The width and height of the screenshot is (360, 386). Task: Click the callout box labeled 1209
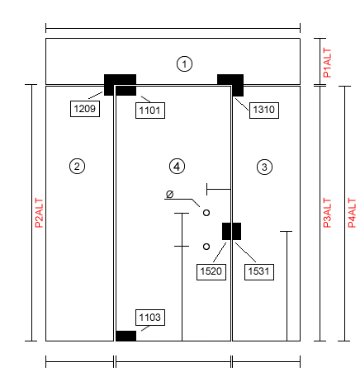pos(85,109)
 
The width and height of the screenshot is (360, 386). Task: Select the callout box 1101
pos(150,111)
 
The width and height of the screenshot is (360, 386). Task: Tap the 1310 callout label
pos(264,111)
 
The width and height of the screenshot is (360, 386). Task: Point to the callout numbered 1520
pos(211,272)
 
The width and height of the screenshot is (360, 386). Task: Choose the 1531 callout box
pos(259,272)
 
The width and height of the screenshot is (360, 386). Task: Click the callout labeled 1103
pos(150,318)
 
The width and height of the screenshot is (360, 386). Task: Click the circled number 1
pos(184,64)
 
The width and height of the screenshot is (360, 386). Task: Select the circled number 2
pos(77,166)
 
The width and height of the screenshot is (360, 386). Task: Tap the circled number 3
pos(264,167)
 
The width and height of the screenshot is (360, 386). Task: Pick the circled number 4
pos(177,166)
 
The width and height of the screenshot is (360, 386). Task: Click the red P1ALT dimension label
pos(327,63)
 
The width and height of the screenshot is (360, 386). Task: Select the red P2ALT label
pos(40,213)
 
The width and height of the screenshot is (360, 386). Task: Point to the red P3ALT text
pos(327,213)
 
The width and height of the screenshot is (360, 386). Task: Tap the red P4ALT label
pos(352,213)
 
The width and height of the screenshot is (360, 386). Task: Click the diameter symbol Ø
pos(170,194)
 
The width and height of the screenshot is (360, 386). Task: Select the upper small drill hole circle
pos(206,213)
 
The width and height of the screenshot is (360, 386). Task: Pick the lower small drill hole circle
pos(206,247)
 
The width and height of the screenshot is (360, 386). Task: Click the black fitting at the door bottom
pos(126,336)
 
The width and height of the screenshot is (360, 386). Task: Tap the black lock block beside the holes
pos(231,231)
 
